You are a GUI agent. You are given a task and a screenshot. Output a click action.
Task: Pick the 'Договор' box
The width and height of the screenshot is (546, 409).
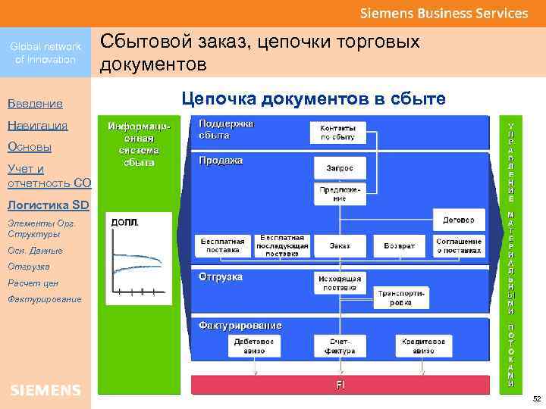tap(458, 220)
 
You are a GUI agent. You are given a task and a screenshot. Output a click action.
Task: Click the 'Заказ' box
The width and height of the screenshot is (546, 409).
tap(339, 245)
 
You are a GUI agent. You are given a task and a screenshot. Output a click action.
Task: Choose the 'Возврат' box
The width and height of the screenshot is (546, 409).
tap(399, 245)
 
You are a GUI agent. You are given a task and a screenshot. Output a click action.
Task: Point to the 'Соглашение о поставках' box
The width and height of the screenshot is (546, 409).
tap(458, 245)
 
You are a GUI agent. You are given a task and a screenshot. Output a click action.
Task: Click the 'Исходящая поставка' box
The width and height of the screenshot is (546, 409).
tap(339, 283)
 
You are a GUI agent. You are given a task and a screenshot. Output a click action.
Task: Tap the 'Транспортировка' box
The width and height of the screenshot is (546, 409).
tap(401, 297)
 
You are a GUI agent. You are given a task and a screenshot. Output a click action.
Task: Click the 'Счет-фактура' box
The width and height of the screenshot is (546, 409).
tap(339, 346)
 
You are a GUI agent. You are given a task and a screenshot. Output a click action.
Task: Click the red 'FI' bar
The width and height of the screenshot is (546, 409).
tap(341, 385)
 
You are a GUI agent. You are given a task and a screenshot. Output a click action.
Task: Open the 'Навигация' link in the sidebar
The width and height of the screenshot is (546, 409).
tap(37, 125)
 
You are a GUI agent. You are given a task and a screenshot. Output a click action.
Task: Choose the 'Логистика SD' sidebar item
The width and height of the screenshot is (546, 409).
tap(48, 205)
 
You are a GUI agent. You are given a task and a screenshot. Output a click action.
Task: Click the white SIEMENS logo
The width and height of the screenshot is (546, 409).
tap(45, 390)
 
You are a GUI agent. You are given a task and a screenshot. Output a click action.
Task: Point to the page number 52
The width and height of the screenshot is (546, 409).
tap(535, 398)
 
